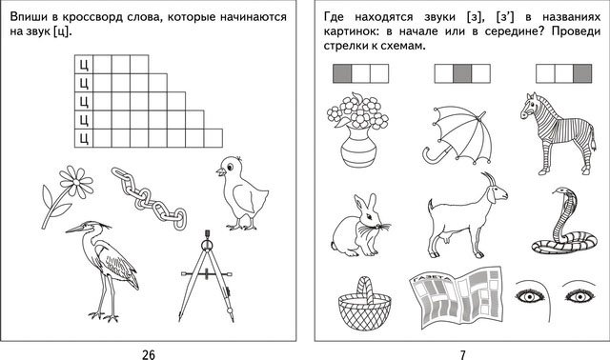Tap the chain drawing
149,198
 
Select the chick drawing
241,192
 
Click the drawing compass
207,276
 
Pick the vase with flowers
357,130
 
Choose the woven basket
364,304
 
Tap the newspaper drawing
456,298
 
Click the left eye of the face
530,296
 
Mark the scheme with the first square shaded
360,73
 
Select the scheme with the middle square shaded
462,73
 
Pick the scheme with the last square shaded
563,73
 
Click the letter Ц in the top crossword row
84,65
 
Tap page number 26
149,354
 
